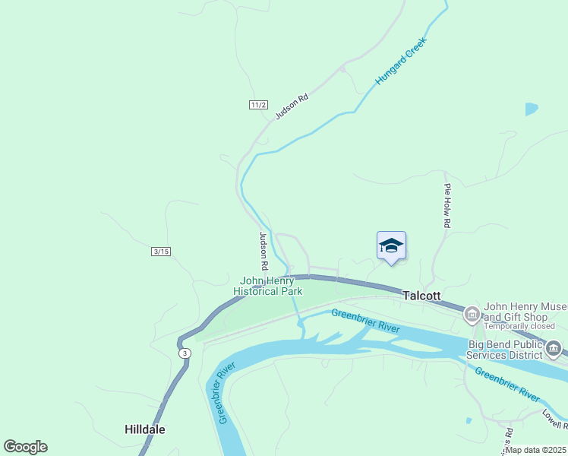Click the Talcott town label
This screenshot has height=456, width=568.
421,296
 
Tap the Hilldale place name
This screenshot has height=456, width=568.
144,429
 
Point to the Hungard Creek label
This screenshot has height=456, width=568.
402,60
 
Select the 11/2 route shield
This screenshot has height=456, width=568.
258,105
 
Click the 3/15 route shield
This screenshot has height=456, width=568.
161,252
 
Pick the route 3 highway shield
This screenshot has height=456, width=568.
184,353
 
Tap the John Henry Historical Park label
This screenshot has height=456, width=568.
267,286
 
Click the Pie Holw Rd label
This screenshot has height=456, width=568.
448,206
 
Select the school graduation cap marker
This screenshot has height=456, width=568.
391,245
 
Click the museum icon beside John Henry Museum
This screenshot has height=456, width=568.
471,313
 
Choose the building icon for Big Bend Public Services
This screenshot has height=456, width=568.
553,350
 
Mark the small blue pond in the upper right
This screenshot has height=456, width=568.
532,109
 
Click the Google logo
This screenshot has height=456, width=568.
25,447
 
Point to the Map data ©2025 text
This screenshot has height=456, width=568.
536,450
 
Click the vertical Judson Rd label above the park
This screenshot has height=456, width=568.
263,252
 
